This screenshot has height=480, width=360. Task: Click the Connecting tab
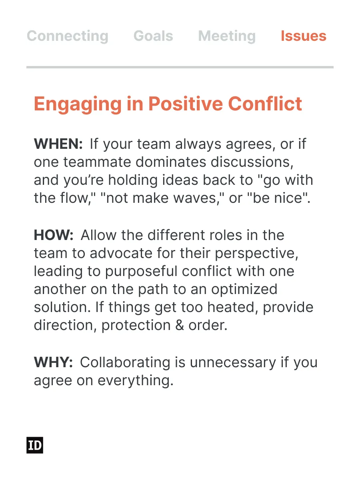68,36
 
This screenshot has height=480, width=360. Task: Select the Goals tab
153,36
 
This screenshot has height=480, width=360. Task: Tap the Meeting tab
227,36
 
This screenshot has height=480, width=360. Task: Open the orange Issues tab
303,36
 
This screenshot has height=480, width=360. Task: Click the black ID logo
35,445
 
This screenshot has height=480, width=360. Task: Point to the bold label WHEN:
58,144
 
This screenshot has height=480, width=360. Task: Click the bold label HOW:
54,235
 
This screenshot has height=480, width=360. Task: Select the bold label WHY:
53,362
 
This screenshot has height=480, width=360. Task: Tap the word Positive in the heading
186,104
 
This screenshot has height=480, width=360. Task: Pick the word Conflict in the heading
265,104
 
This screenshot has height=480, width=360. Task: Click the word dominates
171,162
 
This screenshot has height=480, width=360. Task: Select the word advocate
121,254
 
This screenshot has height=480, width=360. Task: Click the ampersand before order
180,326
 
